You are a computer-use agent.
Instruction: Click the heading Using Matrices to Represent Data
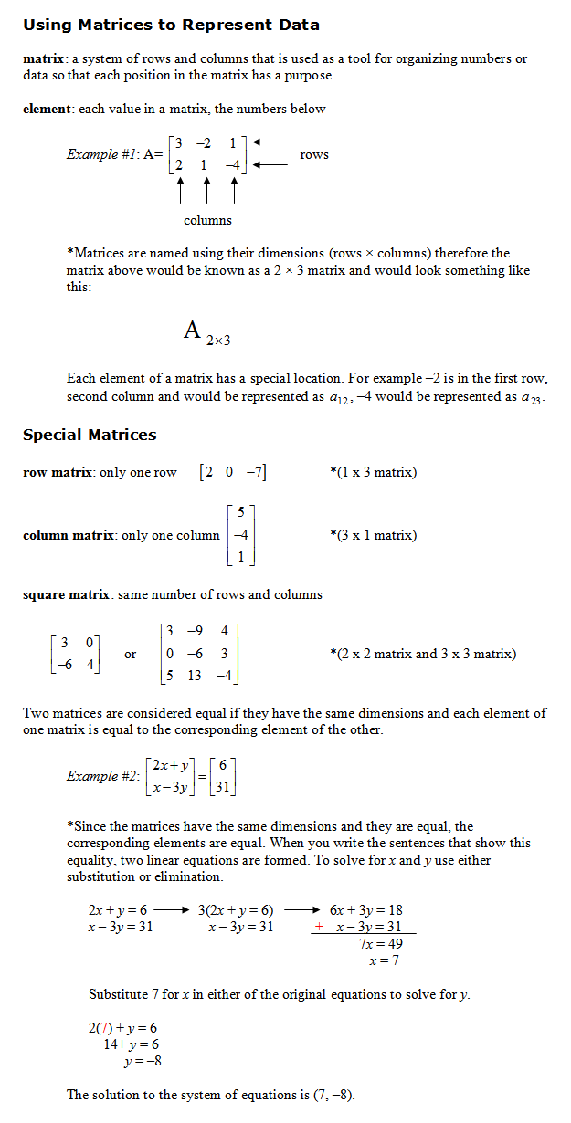click(x=171, y=25)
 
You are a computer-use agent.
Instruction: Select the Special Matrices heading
click(x=90, y=435)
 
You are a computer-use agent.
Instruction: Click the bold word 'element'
click(x=48, y=109)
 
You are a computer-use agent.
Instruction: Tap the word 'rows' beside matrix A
click(x=314, y=154)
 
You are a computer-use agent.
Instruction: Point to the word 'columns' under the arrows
click(x=207, y=220)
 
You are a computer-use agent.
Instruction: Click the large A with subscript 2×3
click(x=193, y=331)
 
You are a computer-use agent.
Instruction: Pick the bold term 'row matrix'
click(x=57, y=472)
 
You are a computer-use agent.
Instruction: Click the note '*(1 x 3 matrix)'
click(x=373, y=472)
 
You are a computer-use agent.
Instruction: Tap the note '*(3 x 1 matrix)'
click(x=373, y=535)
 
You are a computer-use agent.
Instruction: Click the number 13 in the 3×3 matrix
click(x=195, y=676)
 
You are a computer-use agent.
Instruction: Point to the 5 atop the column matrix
click(x=239, y=514)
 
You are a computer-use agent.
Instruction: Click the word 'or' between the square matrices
click(x=131, y=654)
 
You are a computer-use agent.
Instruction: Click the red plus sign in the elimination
click(x=319, y=927)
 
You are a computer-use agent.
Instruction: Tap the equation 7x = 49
click(x=381, y=943)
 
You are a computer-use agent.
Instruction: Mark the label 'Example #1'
click(x=102, y=154)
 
